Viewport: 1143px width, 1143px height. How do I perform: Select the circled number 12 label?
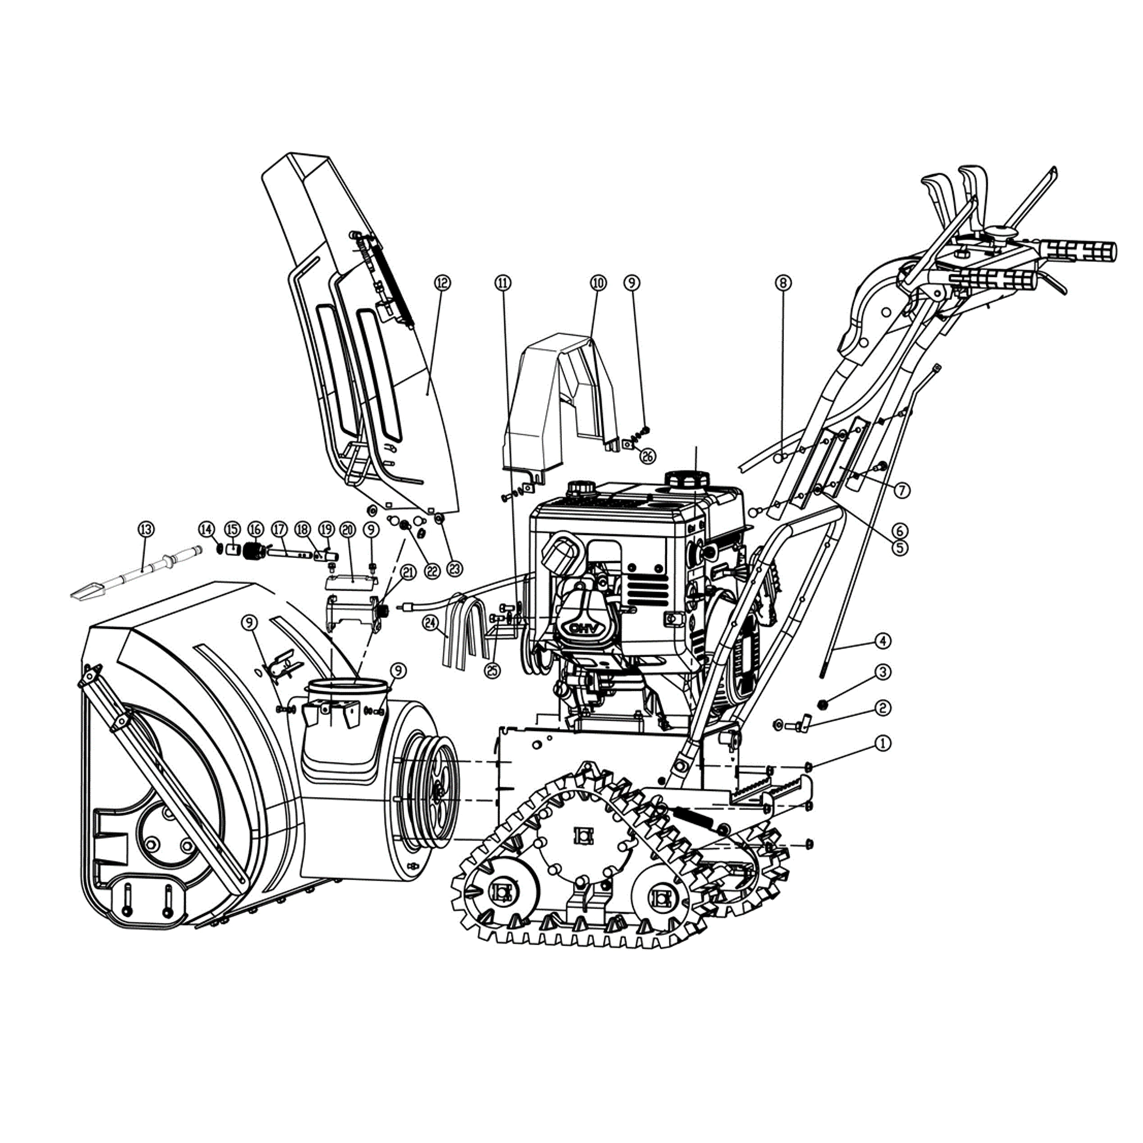442,283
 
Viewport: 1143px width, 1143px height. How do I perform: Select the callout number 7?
902,490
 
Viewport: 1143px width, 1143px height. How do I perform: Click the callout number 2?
882,708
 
